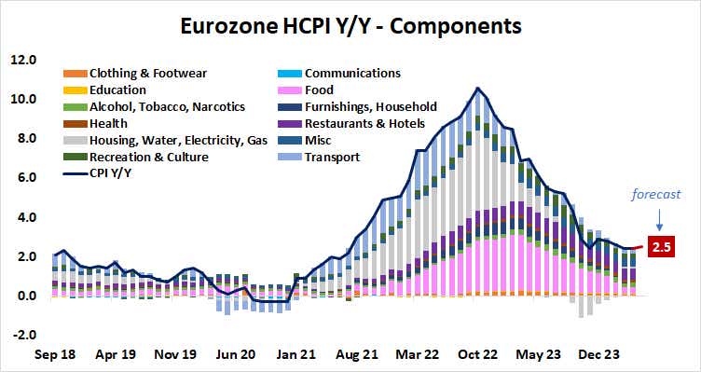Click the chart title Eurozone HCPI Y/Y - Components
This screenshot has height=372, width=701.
[x=350, y=22]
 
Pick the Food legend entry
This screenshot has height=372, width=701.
[x=321, y=90]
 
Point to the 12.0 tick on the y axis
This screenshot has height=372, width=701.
[x=22, y=60]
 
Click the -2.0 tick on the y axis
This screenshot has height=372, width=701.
[x=22, y=336]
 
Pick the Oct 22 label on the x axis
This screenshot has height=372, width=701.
[x=478, y=355]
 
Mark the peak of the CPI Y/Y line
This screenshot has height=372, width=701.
[x=478, y=89]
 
